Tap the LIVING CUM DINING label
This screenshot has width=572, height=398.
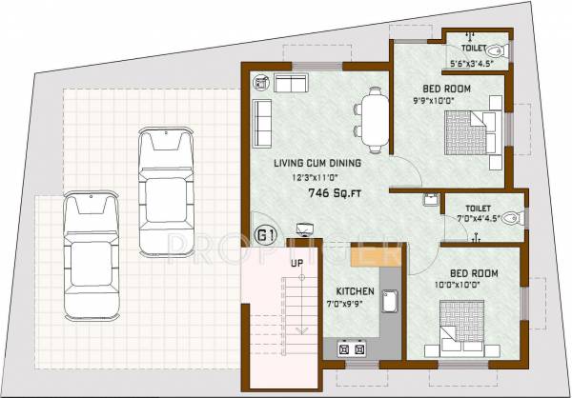click(304, 163)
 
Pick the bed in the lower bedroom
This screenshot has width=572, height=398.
click(461, 326)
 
